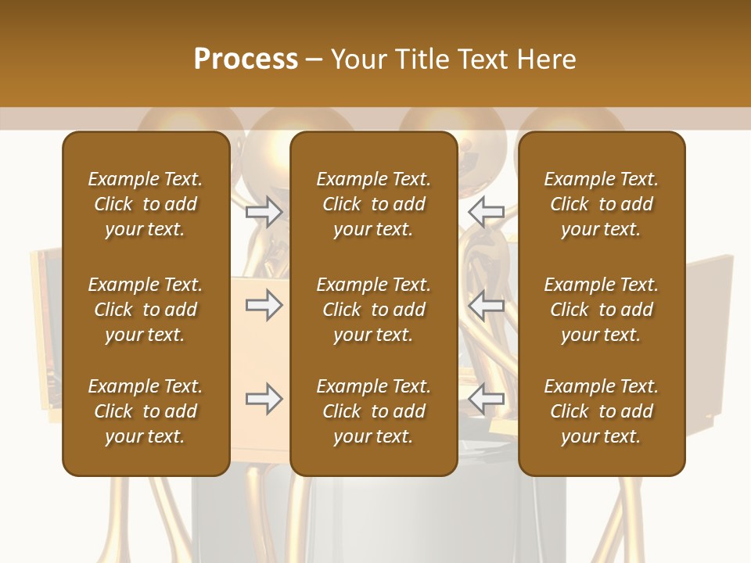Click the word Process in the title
tap(246, 59)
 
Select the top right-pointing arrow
tap(264, 211)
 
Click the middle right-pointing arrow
tap(264, 305)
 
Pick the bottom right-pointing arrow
tap(264, 399)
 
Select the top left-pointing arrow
tap(487, 211)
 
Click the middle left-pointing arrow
tap(487, 305)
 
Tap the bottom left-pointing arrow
tap(487, 399)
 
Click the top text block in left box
tap(146, 204)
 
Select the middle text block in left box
tap(146, 310)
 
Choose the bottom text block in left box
tap(146, 411)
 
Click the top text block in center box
tap(373, 204)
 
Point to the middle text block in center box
tap(373, 310)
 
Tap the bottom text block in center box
tap(373, 411)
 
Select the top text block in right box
tap(601, 204)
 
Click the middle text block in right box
tap(601, 310)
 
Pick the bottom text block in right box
tap(601, 411)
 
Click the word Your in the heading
tap(359, 59)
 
